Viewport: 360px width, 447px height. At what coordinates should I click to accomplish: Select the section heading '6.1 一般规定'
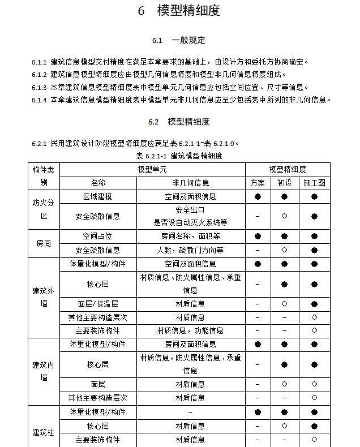pos(179,40)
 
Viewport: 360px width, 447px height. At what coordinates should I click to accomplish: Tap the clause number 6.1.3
pos(39,87)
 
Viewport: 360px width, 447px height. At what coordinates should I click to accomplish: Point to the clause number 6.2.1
pos(39,143)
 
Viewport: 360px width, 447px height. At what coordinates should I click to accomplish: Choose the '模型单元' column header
pos(152,169)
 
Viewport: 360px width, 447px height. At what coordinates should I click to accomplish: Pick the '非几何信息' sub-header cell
pos(190,183)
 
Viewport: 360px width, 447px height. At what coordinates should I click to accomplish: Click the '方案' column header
pos(258,183)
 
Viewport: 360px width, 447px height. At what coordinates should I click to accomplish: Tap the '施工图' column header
pos(314,183)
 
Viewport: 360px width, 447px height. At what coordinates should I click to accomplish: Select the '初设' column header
pos(285,183)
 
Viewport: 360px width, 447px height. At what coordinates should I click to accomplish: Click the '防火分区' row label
pos(44,209)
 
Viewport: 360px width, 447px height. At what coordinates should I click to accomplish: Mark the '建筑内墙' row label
pos(44,371)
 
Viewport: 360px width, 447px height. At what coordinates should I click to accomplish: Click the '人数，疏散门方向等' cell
pos(190,250)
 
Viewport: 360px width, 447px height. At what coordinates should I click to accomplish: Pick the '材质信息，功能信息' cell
pos(190,330)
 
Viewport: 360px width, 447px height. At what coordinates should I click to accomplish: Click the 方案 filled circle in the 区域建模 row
pos(258,196)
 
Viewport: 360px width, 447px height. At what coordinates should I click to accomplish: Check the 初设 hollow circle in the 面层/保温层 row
pos(285,304)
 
